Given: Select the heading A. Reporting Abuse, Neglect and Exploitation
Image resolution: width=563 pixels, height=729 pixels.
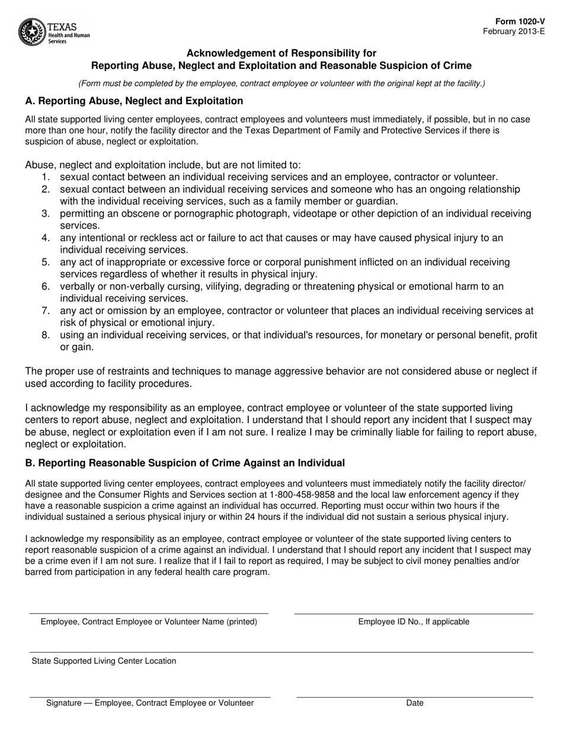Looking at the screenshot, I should click(134, 101).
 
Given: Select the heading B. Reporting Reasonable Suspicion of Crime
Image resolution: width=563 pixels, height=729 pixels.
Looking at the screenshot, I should click(185, 462).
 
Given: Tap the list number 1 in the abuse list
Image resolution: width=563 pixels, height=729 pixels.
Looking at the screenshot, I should click(46, 177).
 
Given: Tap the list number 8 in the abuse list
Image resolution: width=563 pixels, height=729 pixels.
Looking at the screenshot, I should click(46, 335).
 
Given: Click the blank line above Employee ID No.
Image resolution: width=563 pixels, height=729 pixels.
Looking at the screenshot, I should click(414, 613).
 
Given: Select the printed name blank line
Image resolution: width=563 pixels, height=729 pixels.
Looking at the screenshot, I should click(149, 613).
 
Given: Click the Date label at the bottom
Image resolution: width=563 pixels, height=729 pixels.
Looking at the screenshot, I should click(415, 703).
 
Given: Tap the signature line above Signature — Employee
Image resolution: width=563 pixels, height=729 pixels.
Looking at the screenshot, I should click(150, 697).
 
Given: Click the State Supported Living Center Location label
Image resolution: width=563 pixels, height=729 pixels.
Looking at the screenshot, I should click(104, 661).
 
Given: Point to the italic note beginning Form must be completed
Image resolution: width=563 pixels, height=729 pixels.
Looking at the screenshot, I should click(281, 84).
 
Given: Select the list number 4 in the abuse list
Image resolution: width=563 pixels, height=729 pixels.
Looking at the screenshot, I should click(46, 238).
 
